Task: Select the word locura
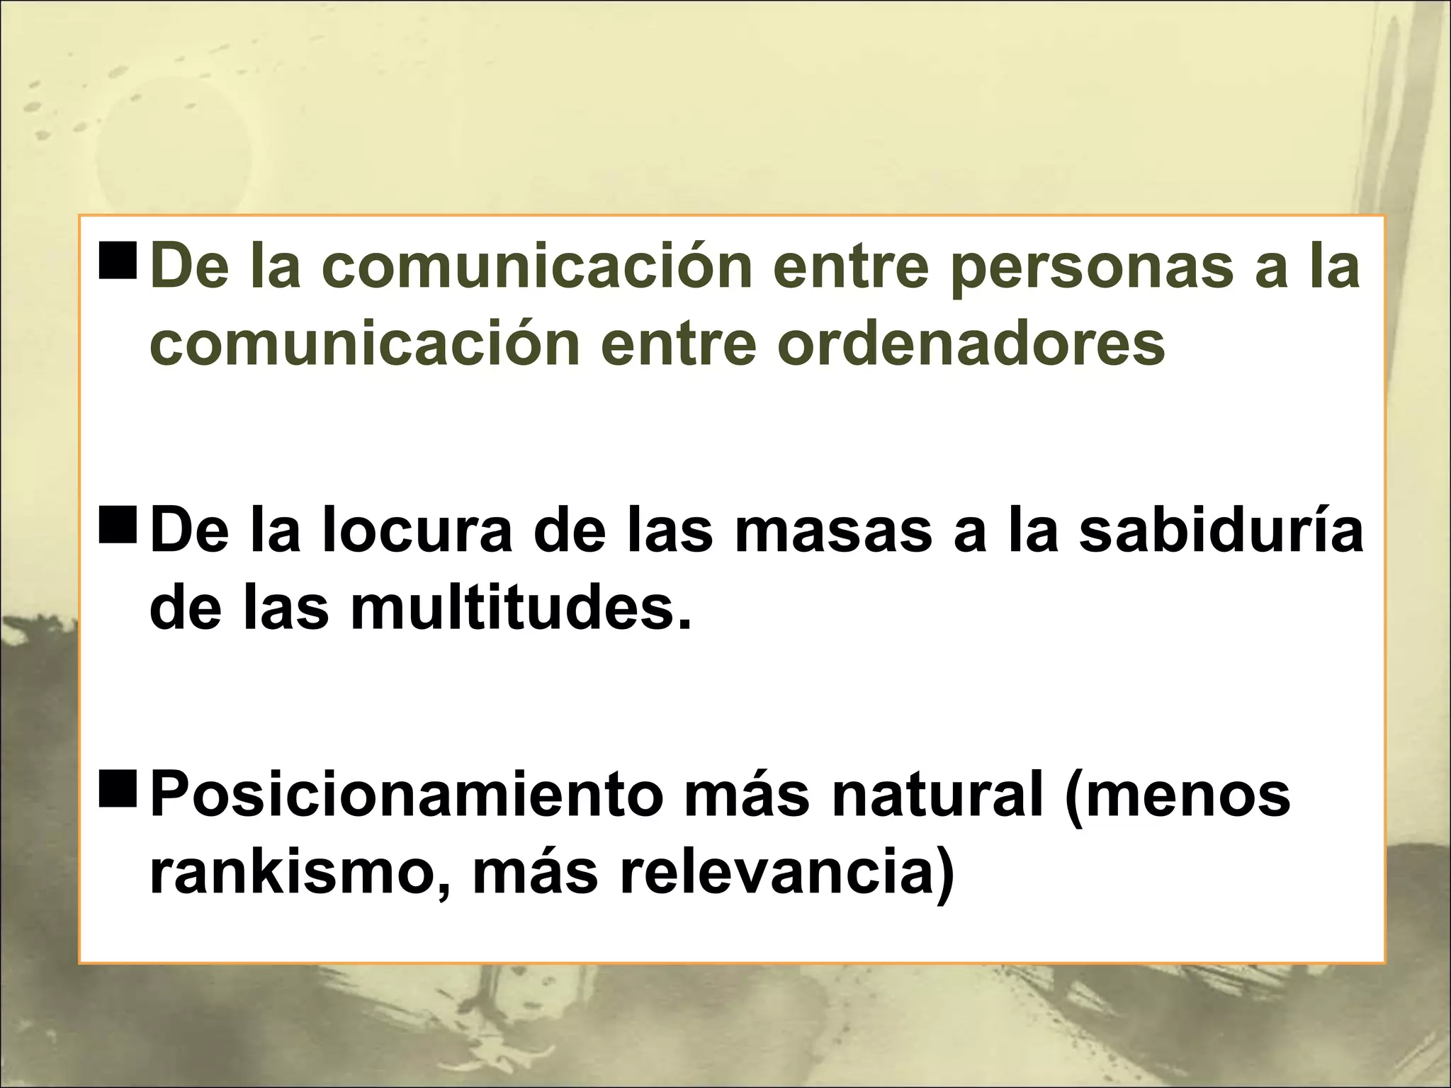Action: click(x=417, y=533)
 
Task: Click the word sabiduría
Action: click(x=1221, y=533)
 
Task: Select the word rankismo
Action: click(x=290, y=873)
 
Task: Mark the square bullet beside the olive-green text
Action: click(x=119, y=266)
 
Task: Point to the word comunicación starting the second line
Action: click(x=364, y=345)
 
